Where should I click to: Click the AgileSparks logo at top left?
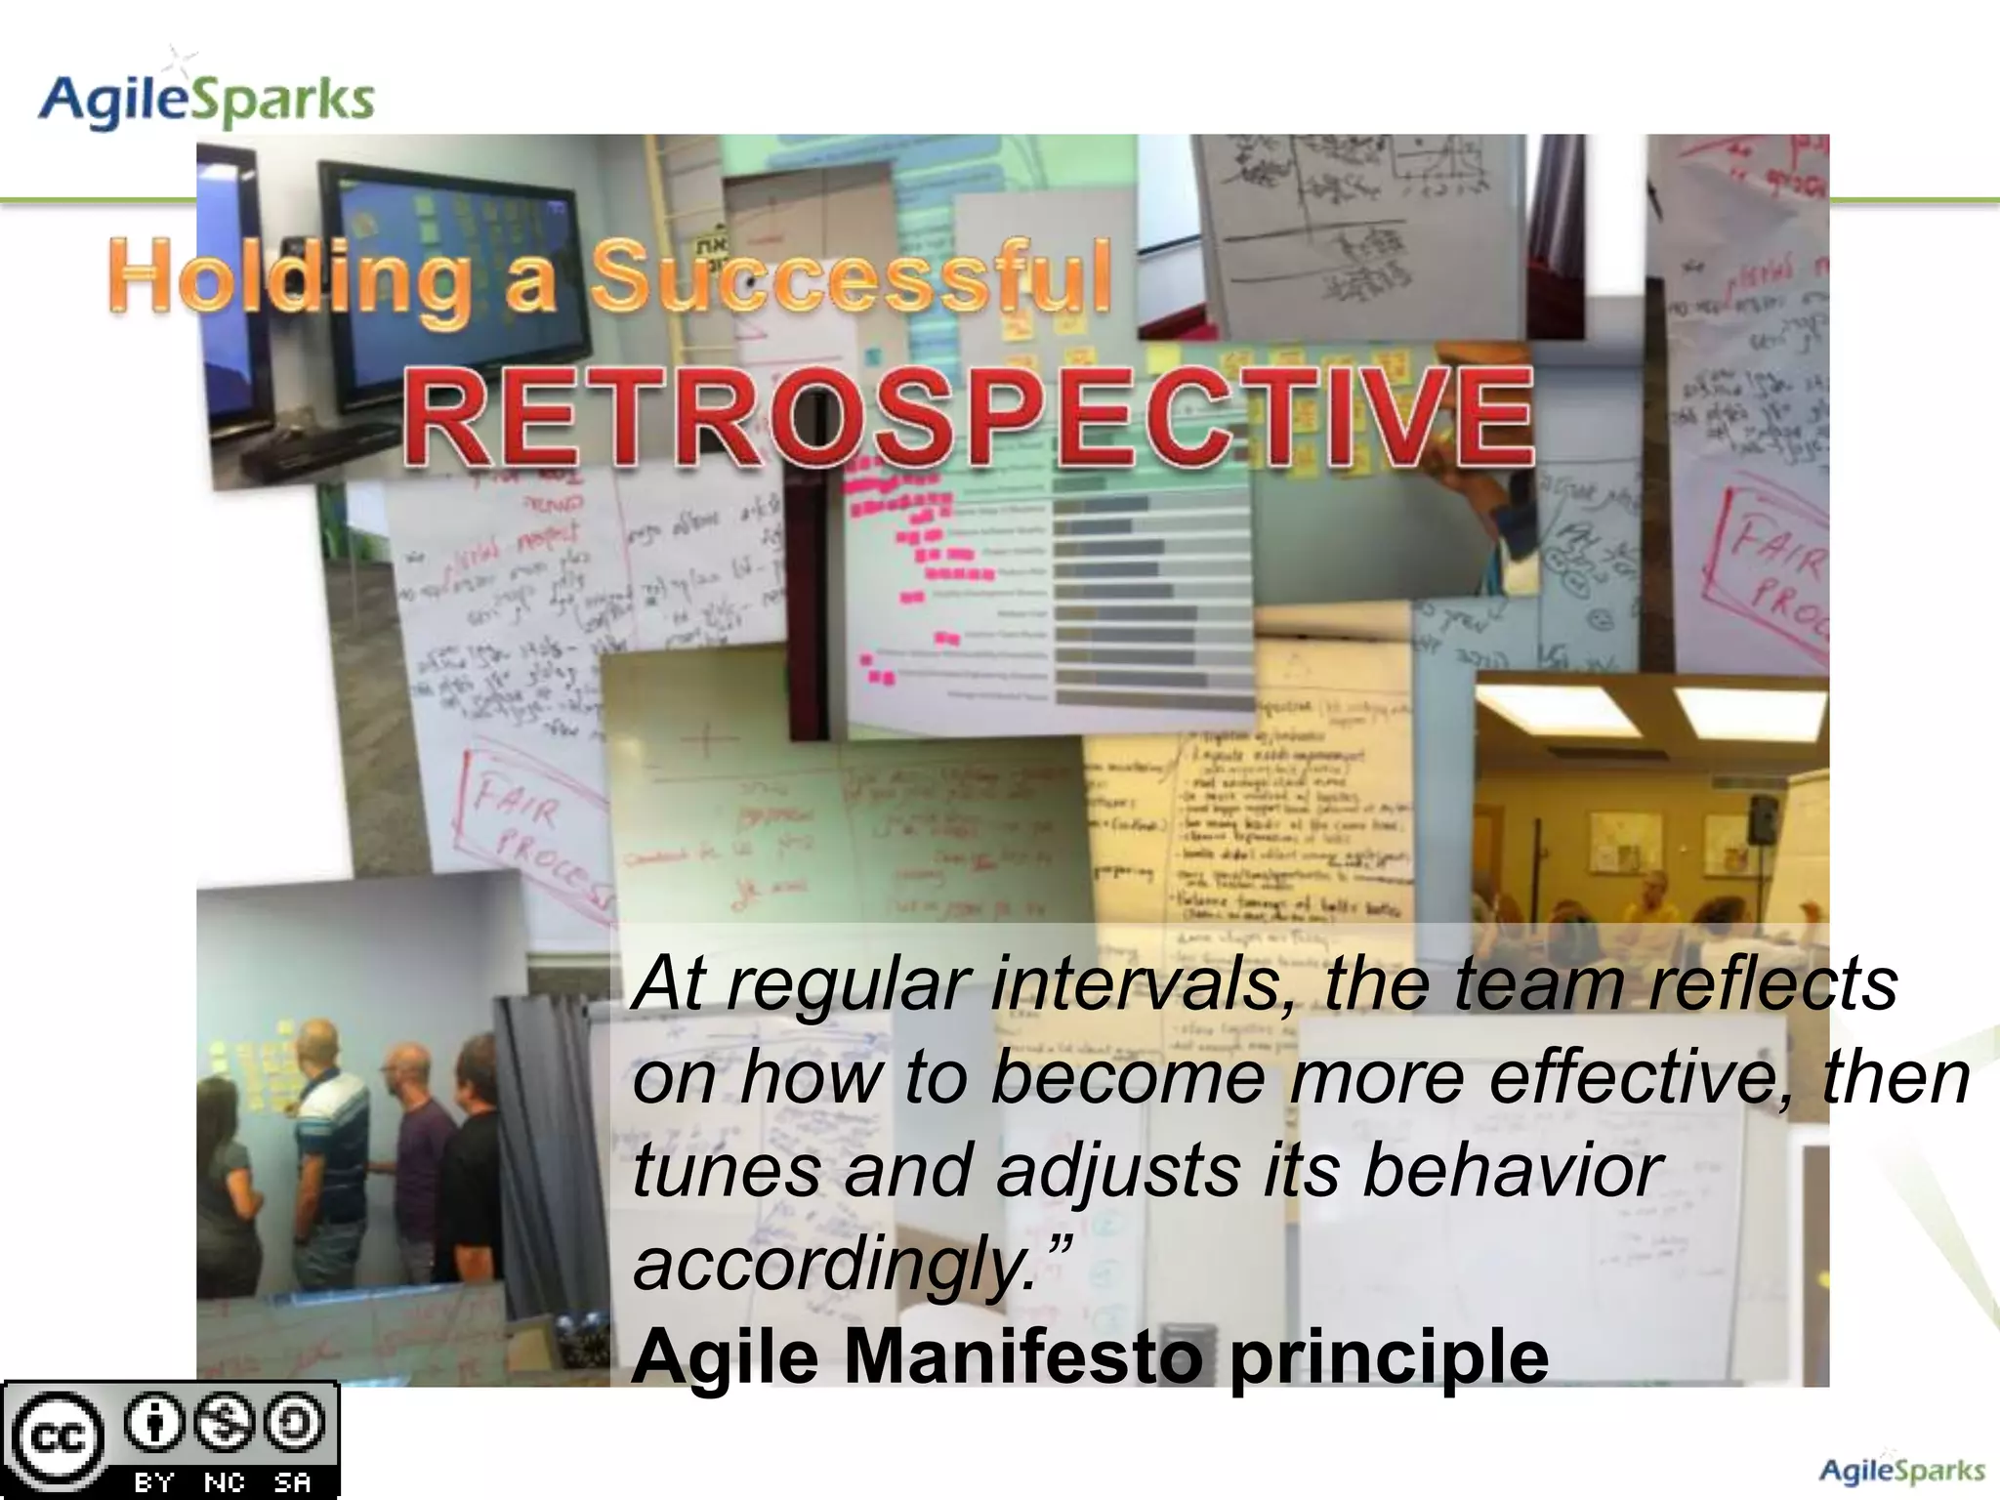click(x=205, y=98)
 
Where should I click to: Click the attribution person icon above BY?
click(x=154, y=1424)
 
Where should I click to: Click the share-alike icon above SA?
click(x=294, y=1424)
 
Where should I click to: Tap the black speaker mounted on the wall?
click(x=1763, y=818)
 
